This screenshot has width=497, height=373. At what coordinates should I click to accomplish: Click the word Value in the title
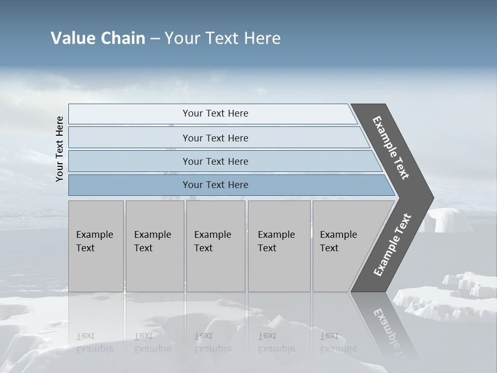pyautogui.click(x=72, y=38)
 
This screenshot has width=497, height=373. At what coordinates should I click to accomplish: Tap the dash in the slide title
pyautogui.click(x=155, y=39)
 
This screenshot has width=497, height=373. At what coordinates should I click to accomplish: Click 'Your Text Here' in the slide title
pyautogui.click(x=223, y=38)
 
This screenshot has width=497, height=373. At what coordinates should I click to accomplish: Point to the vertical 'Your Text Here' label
pyautogui.click(x=60, y=149)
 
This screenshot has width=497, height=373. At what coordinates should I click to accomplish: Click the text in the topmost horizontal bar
pyautogui.click(x=215, y=113)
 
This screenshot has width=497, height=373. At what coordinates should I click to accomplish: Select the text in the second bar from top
pyautogui.click(x=215, y=138)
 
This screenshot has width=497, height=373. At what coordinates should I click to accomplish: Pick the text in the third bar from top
pyautogui.click(x=215, y=161)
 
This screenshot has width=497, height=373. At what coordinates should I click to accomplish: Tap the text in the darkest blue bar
pyautogui.click(x=215, y=184)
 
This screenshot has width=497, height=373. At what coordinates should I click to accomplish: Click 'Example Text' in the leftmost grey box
pyautogui.click(x=94, y=241)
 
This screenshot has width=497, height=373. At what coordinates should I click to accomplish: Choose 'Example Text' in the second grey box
pyautogui.click(x=152, y=241)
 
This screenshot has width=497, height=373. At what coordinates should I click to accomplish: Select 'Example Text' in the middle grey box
pyautogui.click(x=212, y=241)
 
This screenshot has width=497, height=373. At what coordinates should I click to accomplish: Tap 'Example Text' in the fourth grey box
pyautogui.click(x=276, y=241)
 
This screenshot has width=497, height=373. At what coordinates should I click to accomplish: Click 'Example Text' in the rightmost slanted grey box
pyautogui.click(x=338, y=241)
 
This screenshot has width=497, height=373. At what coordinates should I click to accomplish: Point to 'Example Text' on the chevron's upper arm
pyautogui.click(x=391, y=148)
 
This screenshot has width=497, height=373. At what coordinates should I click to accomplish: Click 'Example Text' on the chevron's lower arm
pyautogui.click(x=392, y=245)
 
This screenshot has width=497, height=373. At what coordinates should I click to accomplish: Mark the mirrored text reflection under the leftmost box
pyautogui.click(x=94, y=342)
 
